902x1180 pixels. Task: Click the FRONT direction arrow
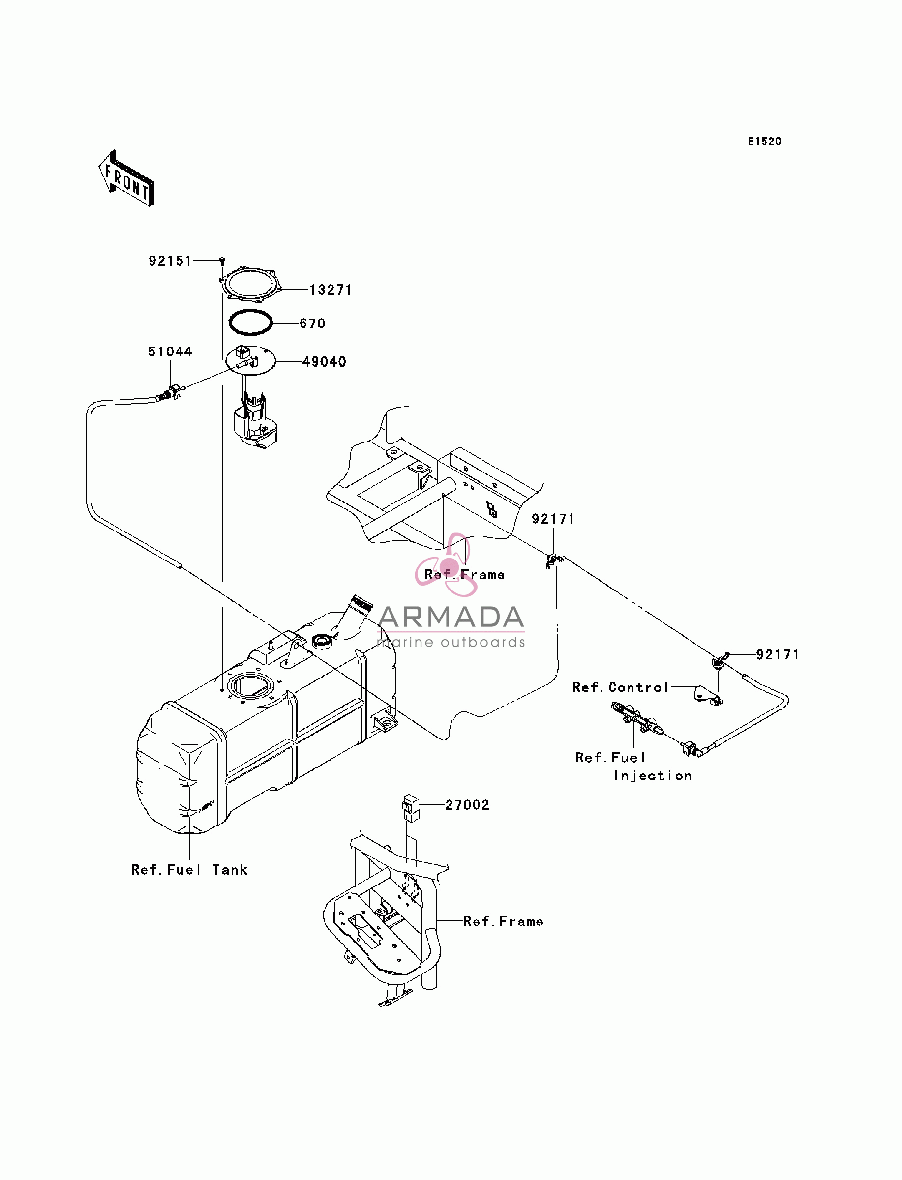pos(127,178)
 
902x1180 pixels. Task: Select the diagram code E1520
pos(765,141)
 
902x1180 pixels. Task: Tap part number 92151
pos(170,261)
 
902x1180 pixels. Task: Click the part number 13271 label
pos(331,290)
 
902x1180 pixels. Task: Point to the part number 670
pos(312,324)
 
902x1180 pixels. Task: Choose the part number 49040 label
pos(324,362)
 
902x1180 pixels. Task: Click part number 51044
pos(170,352)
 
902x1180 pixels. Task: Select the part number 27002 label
pos(467,805)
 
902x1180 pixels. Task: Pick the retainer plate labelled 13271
pos(251,283)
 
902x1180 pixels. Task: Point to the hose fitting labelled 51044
pos(171,392)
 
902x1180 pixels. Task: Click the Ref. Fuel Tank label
pos(189,870)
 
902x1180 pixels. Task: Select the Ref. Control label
pos(621,687)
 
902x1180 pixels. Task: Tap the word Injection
pos(653,776)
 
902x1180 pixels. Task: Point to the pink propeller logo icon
pos(448,565)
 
